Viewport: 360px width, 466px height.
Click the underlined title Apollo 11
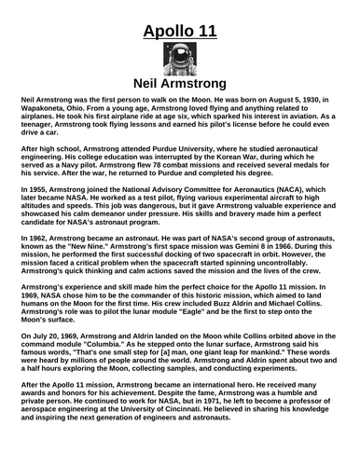coord(180,34)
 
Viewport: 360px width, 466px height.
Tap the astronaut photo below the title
coord(179,62)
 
